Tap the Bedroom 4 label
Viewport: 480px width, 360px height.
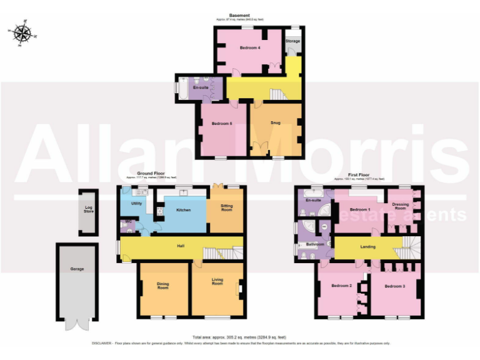coord(250,47)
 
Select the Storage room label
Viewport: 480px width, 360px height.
coord(292,41)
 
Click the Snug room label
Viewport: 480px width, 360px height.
coord(275,123)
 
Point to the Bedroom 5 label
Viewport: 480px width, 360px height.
coord(222,124)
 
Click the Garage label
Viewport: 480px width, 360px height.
coord(77,269)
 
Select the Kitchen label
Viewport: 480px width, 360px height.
coord(182,210)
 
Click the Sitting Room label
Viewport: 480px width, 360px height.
coord(226,208)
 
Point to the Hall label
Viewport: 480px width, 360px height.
coord(180,246)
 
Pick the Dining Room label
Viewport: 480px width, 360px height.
coord(163,287)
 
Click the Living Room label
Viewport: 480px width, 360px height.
coord(217,282)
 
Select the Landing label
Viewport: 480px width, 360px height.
coord(368,247)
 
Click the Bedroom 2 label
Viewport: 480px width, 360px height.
coord(341,286)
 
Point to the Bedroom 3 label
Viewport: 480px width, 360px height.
coord(394,286)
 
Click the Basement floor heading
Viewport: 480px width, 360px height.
coord(239,16)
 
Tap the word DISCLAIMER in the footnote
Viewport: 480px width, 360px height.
coord(102,343)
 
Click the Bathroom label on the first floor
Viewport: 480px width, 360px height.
coord(314,244)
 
